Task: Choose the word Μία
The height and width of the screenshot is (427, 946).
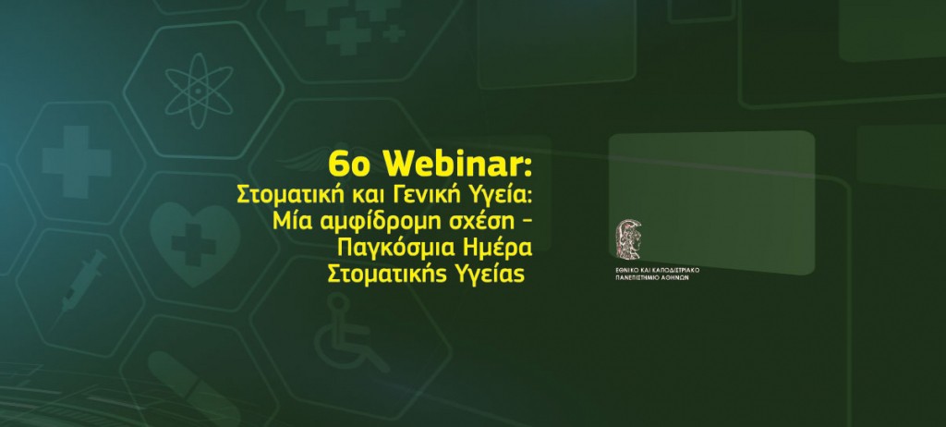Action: pos(287,222)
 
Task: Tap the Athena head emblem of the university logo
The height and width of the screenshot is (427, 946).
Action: pos(628,239)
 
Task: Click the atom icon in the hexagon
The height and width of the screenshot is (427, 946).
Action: pos(200,91)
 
